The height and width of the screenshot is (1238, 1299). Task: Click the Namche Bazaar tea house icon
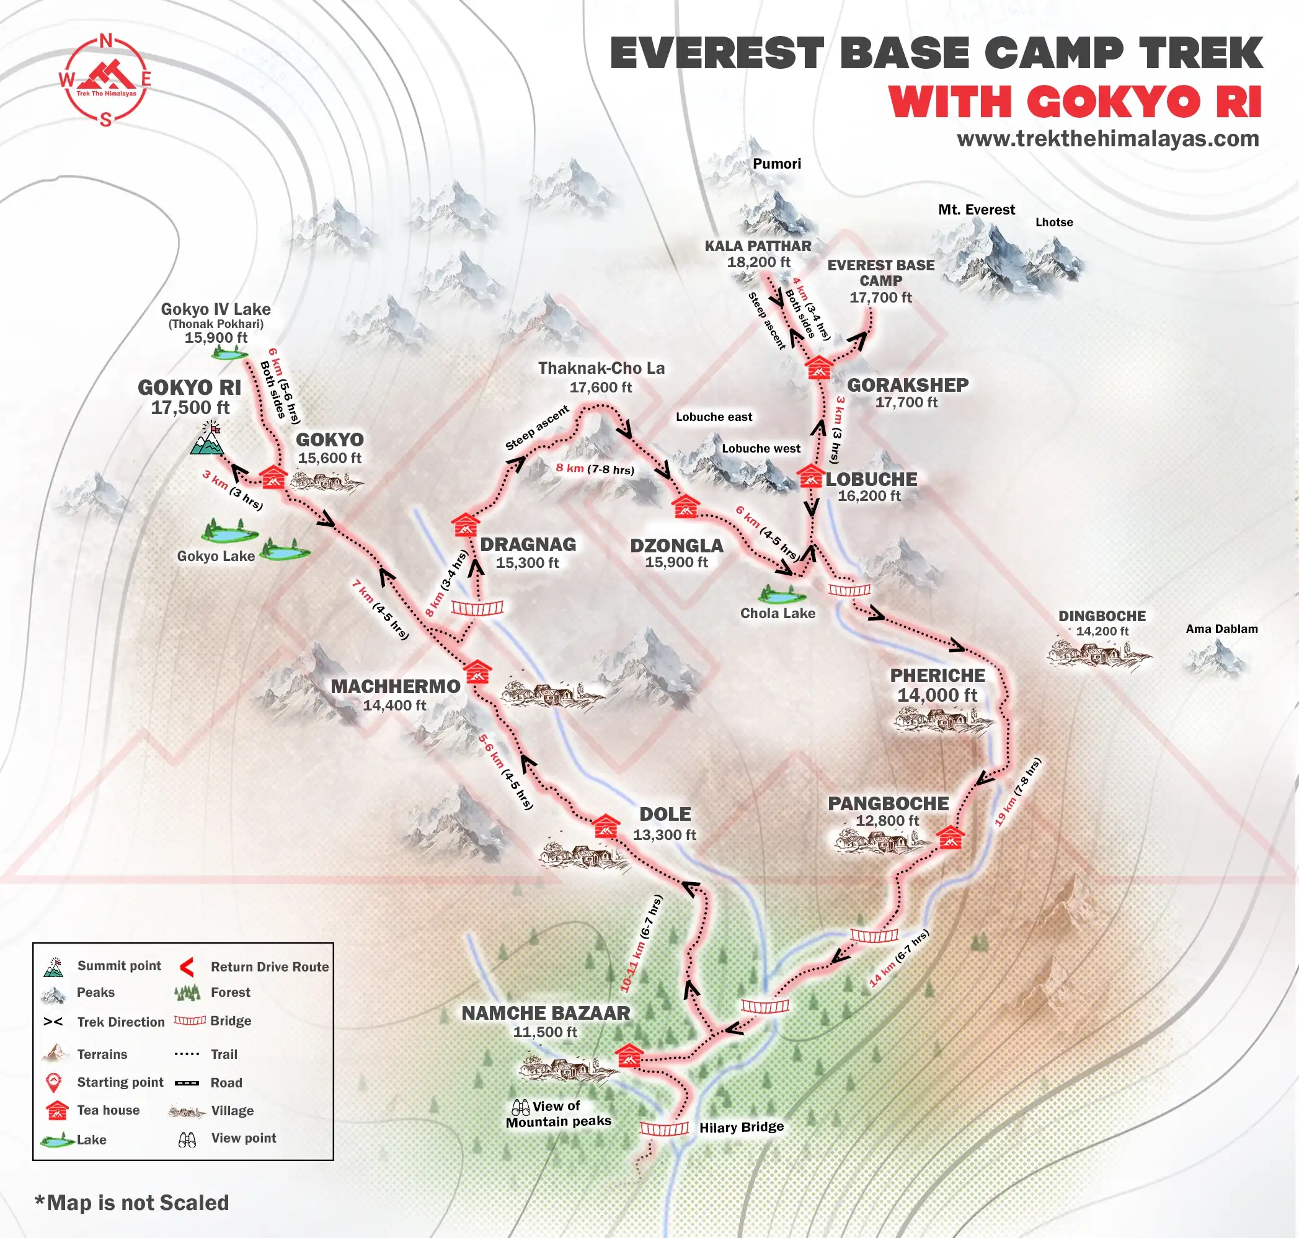[628, 1056]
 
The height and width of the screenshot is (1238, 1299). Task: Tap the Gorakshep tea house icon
[818, 368]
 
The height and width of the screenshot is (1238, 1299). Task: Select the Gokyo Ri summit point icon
[207, 440]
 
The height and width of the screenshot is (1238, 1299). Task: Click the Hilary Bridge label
[741, 1127]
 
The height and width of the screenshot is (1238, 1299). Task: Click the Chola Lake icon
[776, 595]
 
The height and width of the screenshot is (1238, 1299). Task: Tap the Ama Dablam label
[1221, 629]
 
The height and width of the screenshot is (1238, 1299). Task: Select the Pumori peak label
[777, 164]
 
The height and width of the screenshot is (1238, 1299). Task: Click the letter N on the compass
[105, 41]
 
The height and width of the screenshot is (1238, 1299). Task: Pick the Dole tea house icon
[605, 827]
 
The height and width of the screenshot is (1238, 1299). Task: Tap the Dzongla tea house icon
[685, 507]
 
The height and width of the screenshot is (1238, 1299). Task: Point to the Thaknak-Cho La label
[601, 368]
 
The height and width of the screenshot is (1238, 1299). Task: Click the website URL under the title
[1107, 139]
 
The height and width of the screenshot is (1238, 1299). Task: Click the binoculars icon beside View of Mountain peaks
[521, 1107]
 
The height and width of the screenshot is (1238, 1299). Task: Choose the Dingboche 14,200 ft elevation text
[1102, 632]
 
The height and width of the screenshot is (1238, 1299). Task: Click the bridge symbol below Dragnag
[477, 608]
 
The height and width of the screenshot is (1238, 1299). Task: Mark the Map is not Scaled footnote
[132, 1203]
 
